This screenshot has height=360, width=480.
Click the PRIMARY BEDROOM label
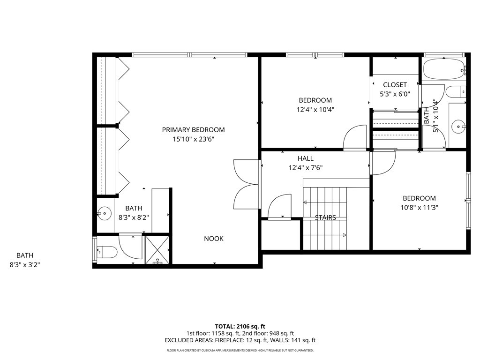193,130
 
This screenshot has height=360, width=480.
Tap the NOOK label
214,239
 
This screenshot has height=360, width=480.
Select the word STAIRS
325,217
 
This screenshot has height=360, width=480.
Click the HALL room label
306,158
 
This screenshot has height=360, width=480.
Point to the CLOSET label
395,85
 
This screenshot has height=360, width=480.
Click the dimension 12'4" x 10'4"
315,110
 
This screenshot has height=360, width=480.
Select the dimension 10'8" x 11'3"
420,208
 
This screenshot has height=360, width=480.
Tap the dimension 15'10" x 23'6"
193,139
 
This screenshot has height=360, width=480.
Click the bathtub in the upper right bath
444,69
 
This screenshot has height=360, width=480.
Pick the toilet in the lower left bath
107,252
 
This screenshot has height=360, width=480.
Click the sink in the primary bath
105,213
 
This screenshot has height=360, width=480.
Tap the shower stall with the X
157,249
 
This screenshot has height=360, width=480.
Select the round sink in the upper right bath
458,126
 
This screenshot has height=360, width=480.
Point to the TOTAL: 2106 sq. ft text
240,326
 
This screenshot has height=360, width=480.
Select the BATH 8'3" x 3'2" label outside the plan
25,260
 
